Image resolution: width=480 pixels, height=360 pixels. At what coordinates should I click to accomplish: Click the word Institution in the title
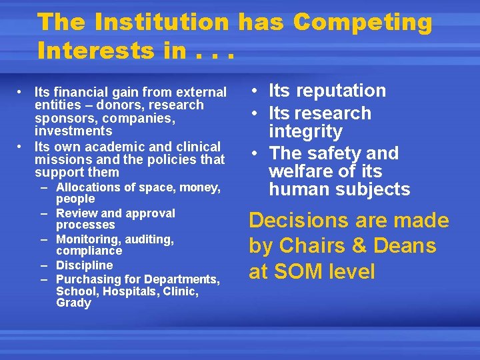161,23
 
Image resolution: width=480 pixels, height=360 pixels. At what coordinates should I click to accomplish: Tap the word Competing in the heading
362,23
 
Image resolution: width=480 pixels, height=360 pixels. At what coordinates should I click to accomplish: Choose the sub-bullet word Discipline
85,265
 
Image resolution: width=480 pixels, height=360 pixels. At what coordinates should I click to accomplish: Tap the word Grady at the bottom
73,303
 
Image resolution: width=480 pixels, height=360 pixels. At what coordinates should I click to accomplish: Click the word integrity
305,131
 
